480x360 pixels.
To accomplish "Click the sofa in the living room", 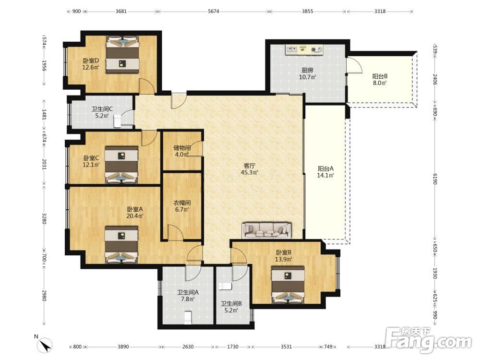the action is click(266, 230).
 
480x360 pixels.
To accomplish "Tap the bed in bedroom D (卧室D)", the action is click(122, 55).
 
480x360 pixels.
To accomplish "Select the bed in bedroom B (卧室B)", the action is click(288, 284).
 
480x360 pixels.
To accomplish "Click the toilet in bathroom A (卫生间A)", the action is click(188, 317).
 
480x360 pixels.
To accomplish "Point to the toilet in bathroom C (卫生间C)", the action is click(118, 121).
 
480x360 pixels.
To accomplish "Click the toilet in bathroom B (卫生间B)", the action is click(225, 287).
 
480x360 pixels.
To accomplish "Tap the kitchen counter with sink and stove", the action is click(304, 50).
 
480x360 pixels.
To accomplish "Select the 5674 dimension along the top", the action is click(214, 12).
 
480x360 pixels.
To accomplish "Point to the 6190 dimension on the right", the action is click(435, 179).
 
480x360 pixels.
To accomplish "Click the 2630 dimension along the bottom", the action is click(188, 347).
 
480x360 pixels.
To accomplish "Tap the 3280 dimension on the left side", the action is click(44, 218).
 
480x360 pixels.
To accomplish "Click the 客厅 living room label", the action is click(249, 166).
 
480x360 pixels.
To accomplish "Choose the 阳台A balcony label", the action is click(325, 168).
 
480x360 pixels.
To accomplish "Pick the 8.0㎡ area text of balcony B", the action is click(380, 83).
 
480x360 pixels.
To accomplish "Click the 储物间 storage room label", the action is click(182, 148).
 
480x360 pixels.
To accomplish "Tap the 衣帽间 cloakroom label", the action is click(182, 203).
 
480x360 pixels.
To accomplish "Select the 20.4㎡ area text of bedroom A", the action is click(135, 216).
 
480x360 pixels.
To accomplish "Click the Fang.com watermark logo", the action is click(429, 339).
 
